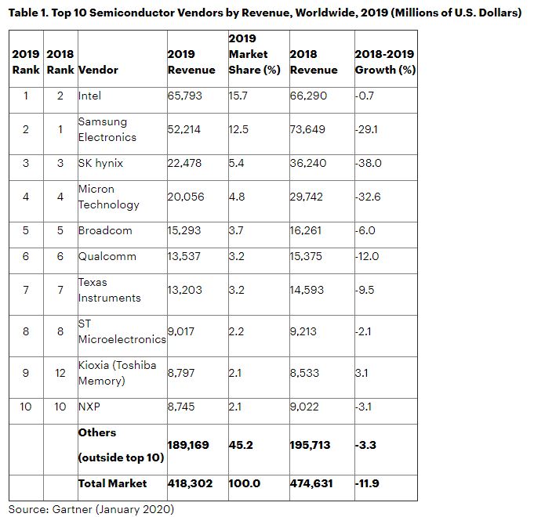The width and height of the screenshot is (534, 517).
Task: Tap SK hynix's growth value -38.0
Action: [x=369, y=163]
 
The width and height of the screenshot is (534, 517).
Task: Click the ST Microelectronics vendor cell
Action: [x=122, y=331]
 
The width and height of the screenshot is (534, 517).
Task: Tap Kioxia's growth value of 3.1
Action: [x=362, y=373]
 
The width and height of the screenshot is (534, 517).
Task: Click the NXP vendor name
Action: [x=90, y=407]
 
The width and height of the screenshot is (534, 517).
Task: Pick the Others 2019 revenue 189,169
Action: [x=188, y=445]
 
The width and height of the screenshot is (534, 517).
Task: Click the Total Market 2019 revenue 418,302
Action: [x=190, y=483]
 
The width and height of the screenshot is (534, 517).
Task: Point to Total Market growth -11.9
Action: [x=368, y=483]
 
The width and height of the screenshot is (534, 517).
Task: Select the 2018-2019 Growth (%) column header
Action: [x=385, y=62]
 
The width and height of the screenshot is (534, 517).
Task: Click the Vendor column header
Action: [x=98, y=70]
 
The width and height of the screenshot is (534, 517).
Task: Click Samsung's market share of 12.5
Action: [x=239, y=129]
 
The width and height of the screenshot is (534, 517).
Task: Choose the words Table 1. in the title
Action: [x=29, y=13]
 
